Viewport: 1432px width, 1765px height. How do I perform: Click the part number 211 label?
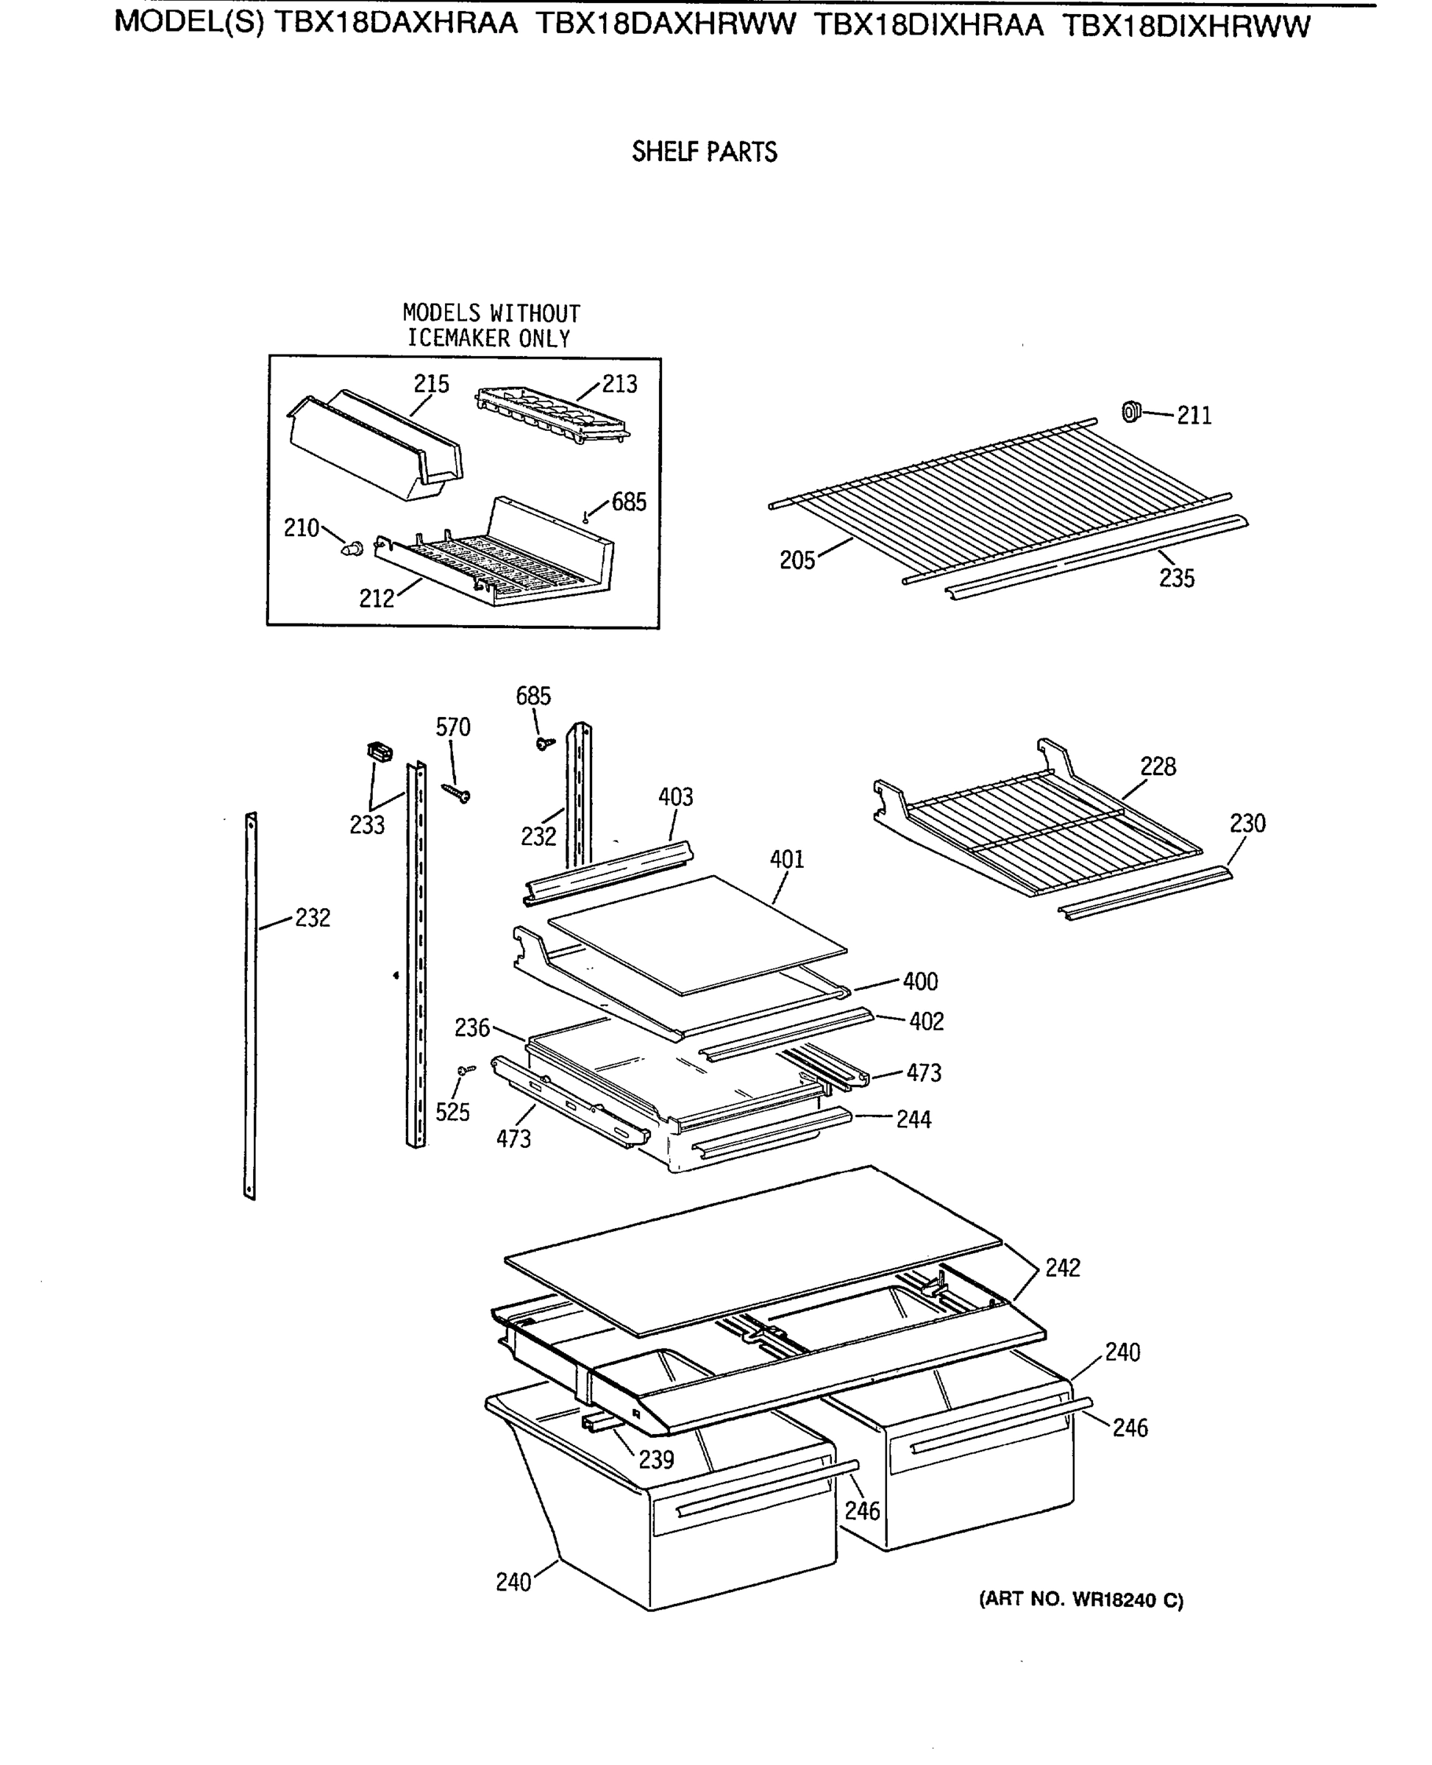(x=1194, y=416)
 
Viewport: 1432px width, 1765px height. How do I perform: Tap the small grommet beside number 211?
(x=1131, y=411)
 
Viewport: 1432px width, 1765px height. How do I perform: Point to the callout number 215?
(x=432, y=385)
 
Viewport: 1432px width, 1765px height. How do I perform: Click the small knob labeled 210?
(x=353, y=548)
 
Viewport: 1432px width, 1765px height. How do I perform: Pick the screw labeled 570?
(x=456, y=793)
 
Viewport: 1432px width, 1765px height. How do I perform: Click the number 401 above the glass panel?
(x=786, y=860)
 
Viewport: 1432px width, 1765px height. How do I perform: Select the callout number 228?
(x=1158, y=767)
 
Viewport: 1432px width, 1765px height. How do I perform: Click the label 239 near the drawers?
(x=656, y=1460)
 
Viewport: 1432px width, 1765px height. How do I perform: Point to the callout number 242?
(x=1063, y=1268)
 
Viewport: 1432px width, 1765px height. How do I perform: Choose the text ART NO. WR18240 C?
(x=1080, y=1600)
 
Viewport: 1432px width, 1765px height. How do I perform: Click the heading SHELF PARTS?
(x=705, y=152)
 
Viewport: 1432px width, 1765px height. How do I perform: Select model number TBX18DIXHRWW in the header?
(x=1186, y=27)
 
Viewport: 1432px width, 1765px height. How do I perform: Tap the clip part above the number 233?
(x=380, y=752)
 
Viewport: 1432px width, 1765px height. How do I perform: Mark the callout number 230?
(x=1247, y=823)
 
